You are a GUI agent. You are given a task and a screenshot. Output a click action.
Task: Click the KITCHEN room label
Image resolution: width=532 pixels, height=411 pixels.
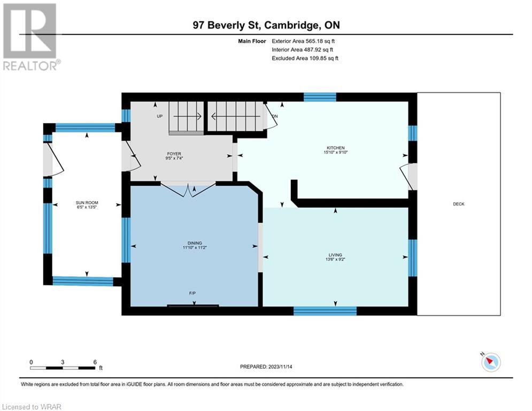point(336,148)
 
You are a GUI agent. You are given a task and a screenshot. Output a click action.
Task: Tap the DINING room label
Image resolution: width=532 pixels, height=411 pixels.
point(195,243)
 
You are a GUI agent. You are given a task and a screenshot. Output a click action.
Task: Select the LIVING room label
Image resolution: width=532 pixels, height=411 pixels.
point(335,255)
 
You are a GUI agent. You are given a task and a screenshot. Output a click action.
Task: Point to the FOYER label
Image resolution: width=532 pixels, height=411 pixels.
point(174,154)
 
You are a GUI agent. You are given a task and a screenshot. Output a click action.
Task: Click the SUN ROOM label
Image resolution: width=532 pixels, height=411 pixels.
point(87,202)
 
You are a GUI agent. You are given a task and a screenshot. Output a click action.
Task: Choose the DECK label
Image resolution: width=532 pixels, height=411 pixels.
point(459,204)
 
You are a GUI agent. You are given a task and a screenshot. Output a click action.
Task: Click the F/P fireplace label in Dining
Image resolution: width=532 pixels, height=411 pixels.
point(192,293)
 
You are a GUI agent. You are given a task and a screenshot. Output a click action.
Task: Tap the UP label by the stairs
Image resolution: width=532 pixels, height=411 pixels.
point(160,116)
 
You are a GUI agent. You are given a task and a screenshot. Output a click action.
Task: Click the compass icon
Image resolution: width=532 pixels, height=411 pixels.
point(491,362)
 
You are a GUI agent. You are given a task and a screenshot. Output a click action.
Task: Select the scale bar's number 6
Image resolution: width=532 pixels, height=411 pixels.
point(95,362)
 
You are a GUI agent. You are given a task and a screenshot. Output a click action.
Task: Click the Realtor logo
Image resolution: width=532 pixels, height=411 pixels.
point(30,37)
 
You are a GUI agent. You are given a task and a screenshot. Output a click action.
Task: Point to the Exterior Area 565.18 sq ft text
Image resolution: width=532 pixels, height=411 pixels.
point(303,41)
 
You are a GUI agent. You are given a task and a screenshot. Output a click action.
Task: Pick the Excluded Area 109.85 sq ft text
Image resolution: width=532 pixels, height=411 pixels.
point(305,58)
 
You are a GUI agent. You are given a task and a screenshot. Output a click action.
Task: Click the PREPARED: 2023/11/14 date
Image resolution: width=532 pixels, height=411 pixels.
point(266,367)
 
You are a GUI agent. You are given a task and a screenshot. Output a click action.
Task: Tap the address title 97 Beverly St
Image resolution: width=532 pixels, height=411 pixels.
point(226,25)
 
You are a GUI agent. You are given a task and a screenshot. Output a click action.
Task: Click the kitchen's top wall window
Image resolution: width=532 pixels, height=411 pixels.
point(320,97)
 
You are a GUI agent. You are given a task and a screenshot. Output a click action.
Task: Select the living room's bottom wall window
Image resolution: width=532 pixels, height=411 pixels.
point(325,311)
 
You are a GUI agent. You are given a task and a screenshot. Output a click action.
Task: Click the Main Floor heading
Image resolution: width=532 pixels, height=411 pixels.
point(252,41)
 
